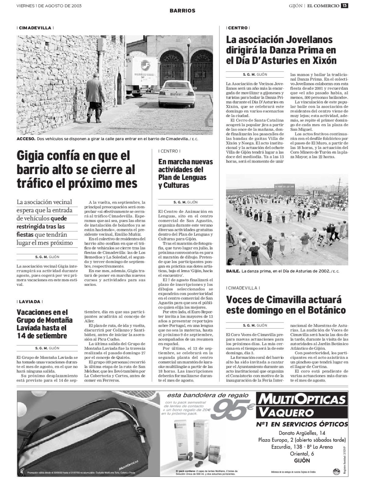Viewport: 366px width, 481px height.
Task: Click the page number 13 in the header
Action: [344, 5]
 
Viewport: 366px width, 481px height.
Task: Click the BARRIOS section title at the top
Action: [182, 11]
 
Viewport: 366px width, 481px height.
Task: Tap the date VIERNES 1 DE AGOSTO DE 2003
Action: [49, 6]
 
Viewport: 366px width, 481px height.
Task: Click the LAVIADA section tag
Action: [30, 301]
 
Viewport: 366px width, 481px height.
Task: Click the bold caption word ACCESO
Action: [26, 139]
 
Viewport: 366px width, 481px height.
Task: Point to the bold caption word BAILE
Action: [233, 271]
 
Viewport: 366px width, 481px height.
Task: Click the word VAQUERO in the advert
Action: [284, 413]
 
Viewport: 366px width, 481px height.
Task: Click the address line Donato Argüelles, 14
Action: [302, 433]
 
